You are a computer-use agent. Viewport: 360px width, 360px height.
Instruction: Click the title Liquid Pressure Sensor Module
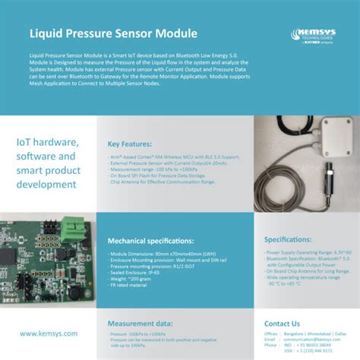(x=113, y=33)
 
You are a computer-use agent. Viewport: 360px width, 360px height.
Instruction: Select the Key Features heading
(x=135, y=144)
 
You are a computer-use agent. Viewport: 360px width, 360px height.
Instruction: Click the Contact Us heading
(x=282, y=324)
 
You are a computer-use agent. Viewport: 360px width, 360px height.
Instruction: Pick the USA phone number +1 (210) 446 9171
(x=314, y=352)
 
